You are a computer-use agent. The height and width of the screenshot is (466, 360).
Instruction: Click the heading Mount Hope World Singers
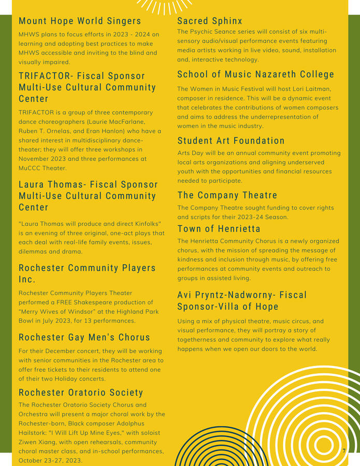[80, 21]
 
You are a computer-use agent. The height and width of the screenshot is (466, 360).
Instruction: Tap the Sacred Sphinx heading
[210, 21]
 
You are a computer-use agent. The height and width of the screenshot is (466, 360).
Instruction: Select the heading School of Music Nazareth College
[256, 75]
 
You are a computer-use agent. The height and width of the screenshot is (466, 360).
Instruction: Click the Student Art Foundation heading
[231, 141]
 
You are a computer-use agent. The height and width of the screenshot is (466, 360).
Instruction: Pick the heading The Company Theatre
[227, 195]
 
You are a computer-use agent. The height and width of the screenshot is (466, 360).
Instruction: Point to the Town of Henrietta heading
[219, 229]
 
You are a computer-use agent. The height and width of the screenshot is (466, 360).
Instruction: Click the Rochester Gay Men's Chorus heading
[84, 338]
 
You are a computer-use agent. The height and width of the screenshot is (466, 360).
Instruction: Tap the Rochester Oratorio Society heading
[81, 392]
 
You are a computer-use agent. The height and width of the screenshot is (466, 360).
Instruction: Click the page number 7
[344, 451]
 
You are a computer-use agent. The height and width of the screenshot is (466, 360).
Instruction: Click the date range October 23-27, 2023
[50, 460]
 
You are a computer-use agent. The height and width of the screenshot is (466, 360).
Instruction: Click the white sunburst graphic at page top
[164, 6]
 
